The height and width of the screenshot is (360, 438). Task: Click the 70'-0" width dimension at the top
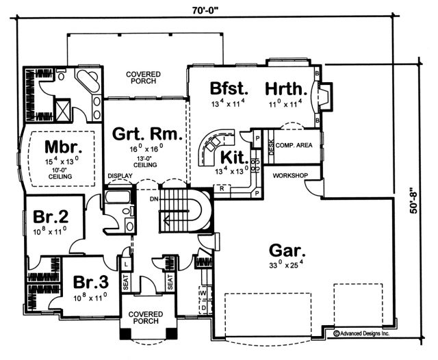(205, 10)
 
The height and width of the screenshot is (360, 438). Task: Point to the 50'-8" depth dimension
(413, 199)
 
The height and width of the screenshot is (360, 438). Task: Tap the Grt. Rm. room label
(147, 133)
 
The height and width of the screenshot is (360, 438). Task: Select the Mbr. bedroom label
(64, 147)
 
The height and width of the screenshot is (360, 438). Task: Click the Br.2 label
(51, 217)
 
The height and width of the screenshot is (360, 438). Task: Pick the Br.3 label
(91, 282)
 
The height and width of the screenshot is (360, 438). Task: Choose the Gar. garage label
(287, 250)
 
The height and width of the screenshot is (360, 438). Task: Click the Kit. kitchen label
(234, 158)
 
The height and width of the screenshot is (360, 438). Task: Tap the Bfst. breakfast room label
(229, 88)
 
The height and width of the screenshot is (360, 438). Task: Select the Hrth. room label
(286, 88)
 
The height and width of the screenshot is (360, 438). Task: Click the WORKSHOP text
(290, 176)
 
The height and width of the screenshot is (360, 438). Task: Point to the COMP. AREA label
(294, 145)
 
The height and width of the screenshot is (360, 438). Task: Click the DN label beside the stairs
(153, 199)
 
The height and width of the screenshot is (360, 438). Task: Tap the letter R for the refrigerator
(222, 188)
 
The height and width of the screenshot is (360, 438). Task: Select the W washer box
(203, 293)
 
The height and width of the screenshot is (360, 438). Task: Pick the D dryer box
(203, 307)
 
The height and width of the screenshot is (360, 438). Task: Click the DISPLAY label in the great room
(120, 176)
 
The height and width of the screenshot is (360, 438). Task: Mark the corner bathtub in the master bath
(88, 81)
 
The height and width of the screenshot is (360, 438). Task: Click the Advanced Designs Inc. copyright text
(361, 333)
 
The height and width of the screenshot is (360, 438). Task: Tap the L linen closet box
(126, 264)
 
